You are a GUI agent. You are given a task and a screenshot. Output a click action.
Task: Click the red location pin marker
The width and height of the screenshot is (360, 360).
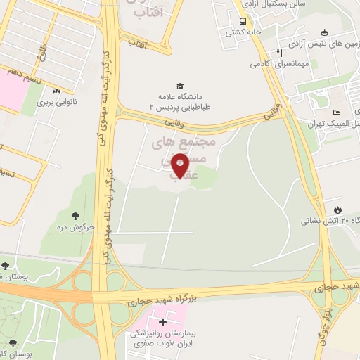[180, 166]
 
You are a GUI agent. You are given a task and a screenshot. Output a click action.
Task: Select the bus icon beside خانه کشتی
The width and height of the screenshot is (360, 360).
[243, 22]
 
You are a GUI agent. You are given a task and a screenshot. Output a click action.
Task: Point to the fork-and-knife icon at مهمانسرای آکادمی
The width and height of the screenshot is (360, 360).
[279, 53]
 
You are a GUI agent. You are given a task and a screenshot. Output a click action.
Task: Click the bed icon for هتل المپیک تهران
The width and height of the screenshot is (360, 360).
[337, 114]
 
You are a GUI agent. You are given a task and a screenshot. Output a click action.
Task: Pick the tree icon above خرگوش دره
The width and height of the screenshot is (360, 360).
[75, 216]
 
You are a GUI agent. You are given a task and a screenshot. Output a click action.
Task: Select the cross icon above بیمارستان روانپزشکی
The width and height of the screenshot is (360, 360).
[163, 322]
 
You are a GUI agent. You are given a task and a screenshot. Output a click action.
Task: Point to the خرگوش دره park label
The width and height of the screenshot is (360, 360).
[75, 228]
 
